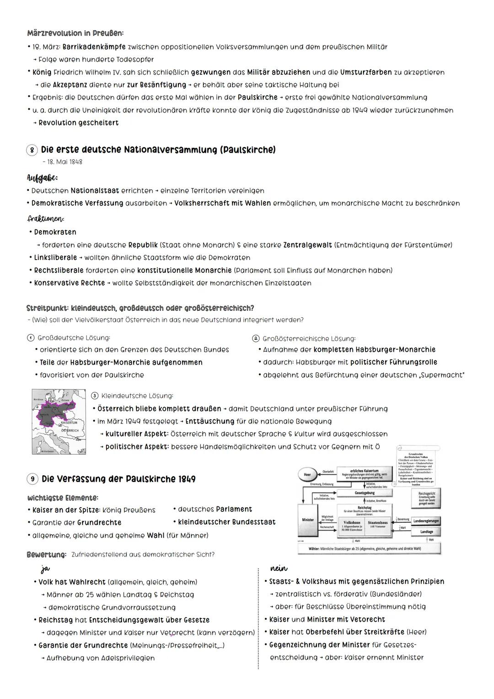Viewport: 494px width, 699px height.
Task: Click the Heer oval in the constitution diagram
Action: [x=308, y=475]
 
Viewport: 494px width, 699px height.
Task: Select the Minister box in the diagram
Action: [x=308, y=520]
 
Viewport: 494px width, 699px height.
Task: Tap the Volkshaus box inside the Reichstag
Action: [x=352, y=525]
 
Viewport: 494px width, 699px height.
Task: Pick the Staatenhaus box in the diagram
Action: [x=377, y=525]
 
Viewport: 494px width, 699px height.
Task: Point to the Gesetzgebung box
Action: [x=365, y=493]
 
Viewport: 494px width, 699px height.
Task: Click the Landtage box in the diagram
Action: [x=427, y=531]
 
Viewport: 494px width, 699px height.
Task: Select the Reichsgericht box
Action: [x=427, y=499]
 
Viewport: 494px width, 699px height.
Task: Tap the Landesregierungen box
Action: [x=426, y=521]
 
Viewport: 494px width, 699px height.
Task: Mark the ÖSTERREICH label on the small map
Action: [x=70, y=431]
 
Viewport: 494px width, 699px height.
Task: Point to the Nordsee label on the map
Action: [x=39, y=400]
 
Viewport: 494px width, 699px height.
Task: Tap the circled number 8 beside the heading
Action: [x=32, y=150]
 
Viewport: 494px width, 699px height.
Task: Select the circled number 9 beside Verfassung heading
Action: [x=32, y=479]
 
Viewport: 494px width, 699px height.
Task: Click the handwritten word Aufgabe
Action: [x=42, y=178]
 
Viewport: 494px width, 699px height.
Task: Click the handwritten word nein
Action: [x=279, y=568]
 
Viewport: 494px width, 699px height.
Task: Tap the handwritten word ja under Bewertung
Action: [x=45, y=569]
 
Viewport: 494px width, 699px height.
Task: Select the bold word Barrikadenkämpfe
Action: [x=94, y=47]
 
